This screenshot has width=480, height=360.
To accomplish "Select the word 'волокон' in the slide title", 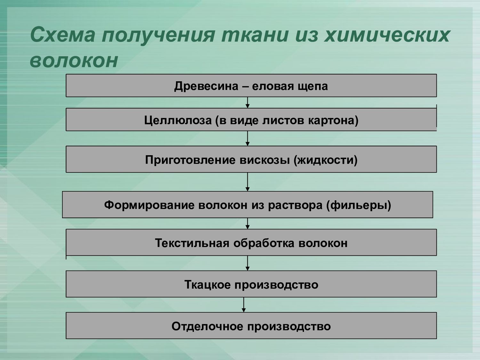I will tap(74, 60).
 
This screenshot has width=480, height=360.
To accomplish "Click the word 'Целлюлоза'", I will tap(178, 120).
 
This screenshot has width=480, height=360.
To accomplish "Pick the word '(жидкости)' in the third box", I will tap(325, 160).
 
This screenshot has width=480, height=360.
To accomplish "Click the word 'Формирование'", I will tap(149, 205).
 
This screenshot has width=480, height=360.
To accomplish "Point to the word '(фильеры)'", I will tap(359, 205).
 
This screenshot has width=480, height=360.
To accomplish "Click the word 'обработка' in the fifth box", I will tap(264, 243).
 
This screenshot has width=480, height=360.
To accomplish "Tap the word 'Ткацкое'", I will tap(207, 284).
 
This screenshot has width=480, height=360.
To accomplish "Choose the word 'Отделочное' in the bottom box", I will tap(207, 326).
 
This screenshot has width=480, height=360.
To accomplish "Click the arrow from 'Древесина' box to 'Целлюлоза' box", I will tap(247, 102).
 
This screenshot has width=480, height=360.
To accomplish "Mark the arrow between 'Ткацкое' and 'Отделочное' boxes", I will tap(244, 305).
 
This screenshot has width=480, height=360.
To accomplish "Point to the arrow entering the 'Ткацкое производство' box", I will tap(247, 263).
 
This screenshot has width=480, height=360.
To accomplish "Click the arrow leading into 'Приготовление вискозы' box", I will tap(247, 138).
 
